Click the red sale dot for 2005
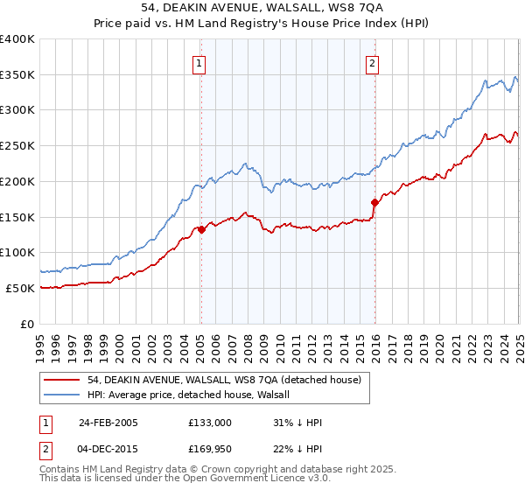click(201, 230)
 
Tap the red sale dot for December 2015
click(374, 203)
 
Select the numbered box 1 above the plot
click(200, 63)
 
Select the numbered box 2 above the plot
click(373, 63)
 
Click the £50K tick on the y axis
click(21, 288)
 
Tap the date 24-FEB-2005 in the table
click(108, 423)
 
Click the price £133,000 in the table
click(210, 423)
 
